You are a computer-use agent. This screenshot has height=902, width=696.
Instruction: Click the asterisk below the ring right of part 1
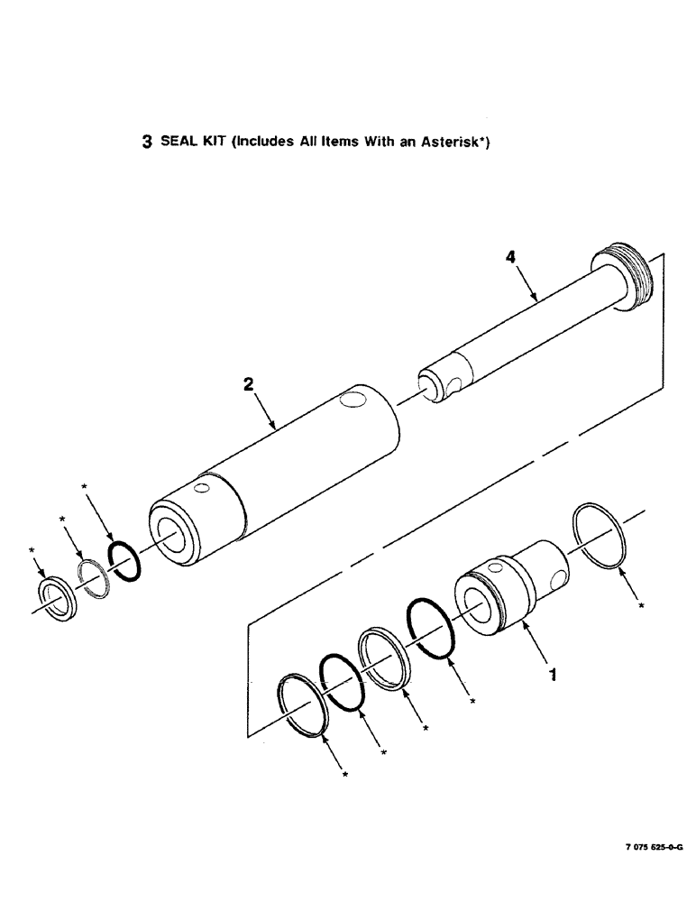click(x=640, y=607)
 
